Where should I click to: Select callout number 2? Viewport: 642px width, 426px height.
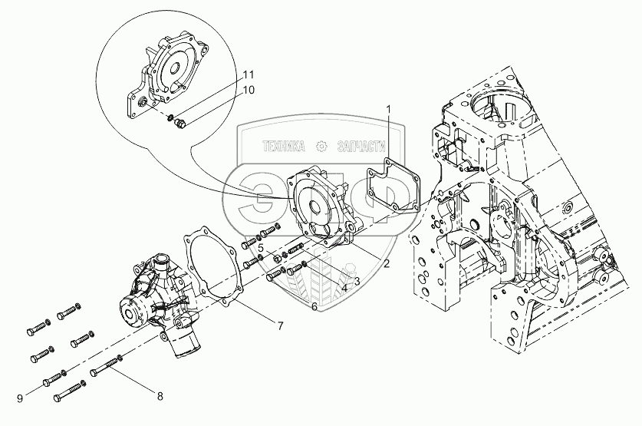(x=387, y=264)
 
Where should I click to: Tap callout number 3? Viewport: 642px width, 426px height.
(x=357, y=281)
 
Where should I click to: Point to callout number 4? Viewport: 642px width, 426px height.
(x=344, y=289)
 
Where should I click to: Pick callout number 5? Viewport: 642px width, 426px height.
(x=261, y=249)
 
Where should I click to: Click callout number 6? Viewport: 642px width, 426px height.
(x=314, y=307)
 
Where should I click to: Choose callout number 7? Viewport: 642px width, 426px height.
(x=280, y=325)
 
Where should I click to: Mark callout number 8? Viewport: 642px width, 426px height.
(x=160, y=397)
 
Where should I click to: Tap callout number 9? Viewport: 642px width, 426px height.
(x=21, y=398)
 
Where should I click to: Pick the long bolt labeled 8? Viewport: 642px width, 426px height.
(x=107, y=369)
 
